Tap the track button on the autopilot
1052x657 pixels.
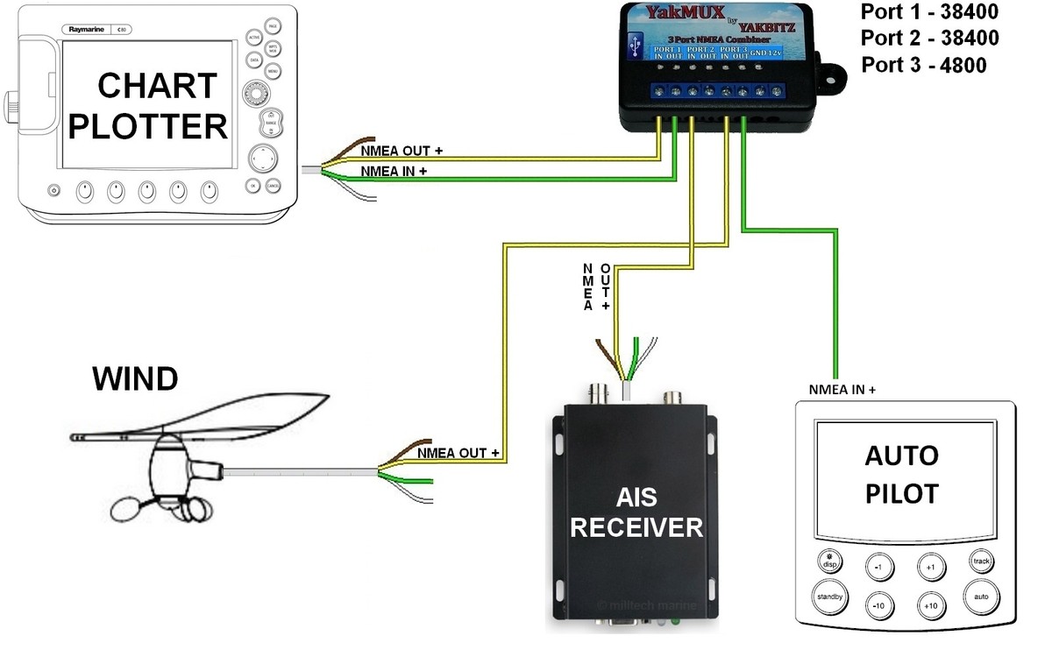[980, 561]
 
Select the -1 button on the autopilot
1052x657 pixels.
[879, 567]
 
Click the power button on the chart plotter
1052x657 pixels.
[53, 190]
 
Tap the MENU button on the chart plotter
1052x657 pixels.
[273, 68]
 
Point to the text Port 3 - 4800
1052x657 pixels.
[923, 65]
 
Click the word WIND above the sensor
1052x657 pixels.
[135, 378]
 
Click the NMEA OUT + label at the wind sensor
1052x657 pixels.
[458, 453]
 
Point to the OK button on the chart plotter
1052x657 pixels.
[252, 186]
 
